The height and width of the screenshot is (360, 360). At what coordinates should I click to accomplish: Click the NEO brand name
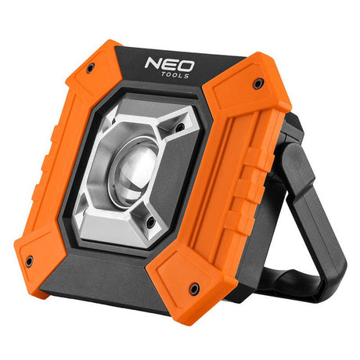click(x=170, y=65)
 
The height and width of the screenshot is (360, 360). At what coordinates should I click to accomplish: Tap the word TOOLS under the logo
click(x=175, y=75)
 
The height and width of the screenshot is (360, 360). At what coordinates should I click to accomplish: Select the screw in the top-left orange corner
click(x=90, y=68)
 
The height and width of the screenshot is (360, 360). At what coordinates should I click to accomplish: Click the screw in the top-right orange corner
click(x=258, y=84)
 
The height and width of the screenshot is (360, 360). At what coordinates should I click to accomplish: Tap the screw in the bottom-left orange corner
click(x=29, y=261)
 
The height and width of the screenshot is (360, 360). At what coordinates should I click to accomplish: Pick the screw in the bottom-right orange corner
click(x=193, y=289)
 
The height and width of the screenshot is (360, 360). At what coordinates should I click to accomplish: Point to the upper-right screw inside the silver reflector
click(x=179, y=127)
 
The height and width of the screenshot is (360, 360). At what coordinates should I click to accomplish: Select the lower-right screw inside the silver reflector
click(x=151, y=222)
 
